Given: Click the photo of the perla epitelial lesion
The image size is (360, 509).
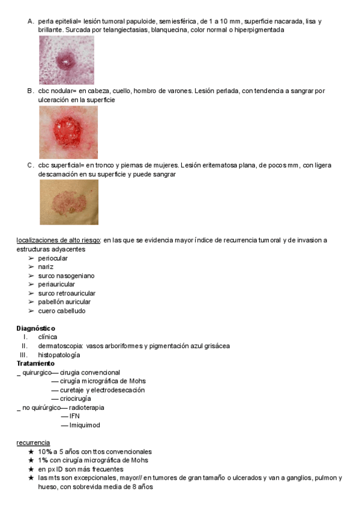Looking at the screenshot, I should pos(67,60).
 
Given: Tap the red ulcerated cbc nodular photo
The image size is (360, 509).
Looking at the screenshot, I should pos(68,133).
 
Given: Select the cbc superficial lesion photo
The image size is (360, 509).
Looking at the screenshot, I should pos(68,202).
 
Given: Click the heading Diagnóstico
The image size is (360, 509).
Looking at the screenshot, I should pos(35,328).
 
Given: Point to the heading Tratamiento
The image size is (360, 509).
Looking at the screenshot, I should pos(35,363).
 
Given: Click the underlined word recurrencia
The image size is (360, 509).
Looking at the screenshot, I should pos(33,442).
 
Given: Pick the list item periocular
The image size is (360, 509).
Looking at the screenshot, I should pos(53,258).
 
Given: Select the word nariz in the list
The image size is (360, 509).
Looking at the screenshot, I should pos(46,267).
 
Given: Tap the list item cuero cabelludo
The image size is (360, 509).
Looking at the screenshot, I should pos(62,311).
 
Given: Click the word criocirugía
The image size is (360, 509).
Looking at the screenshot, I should pos(76,399).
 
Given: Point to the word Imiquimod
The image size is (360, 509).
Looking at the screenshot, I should pos(85,425).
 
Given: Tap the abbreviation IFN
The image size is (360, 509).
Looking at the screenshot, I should pos(74,416).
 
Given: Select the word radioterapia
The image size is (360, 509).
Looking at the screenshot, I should pos(86,408).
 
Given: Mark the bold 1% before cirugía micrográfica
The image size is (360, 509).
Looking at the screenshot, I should pos(43,460).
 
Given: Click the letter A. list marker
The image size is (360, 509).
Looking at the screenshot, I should pos(30,22).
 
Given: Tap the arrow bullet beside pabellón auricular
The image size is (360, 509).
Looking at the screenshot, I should pos(31,303).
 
